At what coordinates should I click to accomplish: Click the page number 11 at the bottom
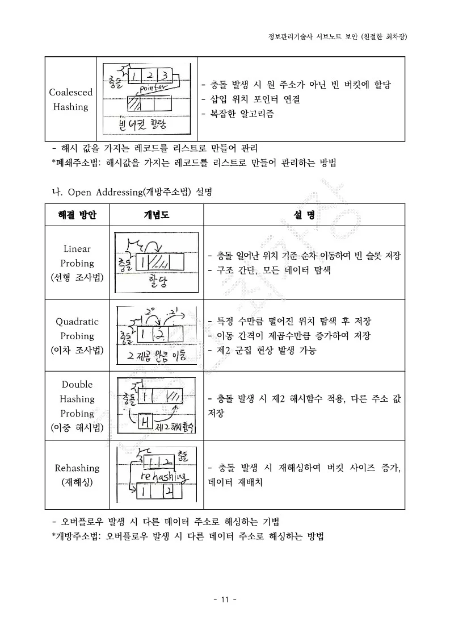(225, 600)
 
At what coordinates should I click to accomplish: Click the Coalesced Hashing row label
(70, 99)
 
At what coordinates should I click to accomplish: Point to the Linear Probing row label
(77, 263)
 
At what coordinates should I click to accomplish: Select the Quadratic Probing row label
(77, 336)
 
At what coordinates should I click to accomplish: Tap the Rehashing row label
(77, 475)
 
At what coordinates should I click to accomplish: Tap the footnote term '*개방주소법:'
(76, 536)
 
